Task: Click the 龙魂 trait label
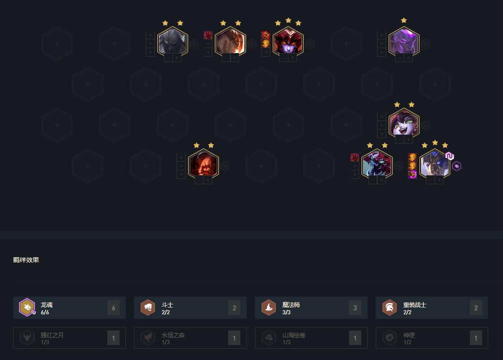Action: [x=47, y=305]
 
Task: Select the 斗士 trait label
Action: [x=168, y=305]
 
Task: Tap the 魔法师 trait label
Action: [x=291, y=305]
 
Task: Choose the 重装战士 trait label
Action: [x=415, y=305]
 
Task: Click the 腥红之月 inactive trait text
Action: [x=52, y=335]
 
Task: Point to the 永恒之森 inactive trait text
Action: [x=173, y=335]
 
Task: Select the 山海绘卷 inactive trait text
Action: [x=294, y=335]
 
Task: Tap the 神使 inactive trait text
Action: [x=409, y=335]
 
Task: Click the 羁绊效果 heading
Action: [x=26, y=260]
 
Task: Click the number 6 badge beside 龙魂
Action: [x=113, y=308]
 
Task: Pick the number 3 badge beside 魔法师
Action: [x=355, y=308]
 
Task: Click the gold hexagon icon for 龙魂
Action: [x=27, y=307]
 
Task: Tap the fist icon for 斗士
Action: [x=148, y=307]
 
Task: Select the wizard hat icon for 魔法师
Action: [x=269, y=307]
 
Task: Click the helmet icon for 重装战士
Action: [x=390, y=307]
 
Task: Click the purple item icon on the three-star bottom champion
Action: [x=412, y=175]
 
